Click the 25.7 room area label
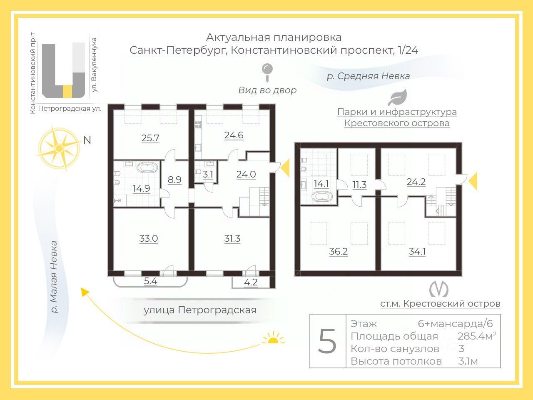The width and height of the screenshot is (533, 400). click(x=150, y=138)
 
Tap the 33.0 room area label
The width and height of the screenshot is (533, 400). click(x=149, y=239)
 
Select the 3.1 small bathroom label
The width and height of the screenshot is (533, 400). click(x=208, y=175)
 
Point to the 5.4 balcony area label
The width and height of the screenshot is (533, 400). click(x=150, y=281)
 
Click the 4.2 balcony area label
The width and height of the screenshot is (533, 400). click(x=251, y=282)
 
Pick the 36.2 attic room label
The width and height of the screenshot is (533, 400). click(x=338, y=252)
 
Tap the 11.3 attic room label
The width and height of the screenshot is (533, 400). click(x=359, y=184)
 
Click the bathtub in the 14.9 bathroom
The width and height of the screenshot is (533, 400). click(x=147, y=169)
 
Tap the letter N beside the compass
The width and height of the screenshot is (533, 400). click(x=87, y=140)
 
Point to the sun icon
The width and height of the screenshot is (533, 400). click(x=273, y=338)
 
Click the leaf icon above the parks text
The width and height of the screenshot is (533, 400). click(x=397, y=97)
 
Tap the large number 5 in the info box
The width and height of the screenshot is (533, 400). click(x=327, y=341)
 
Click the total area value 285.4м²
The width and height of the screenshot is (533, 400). click(x=477, y=336)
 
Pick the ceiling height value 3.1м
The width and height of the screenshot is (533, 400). click(x=468, y=361)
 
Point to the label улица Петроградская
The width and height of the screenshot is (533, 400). click(x=200, y=310)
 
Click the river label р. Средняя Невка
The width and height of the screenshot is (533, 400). click(x=368, y=76)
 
